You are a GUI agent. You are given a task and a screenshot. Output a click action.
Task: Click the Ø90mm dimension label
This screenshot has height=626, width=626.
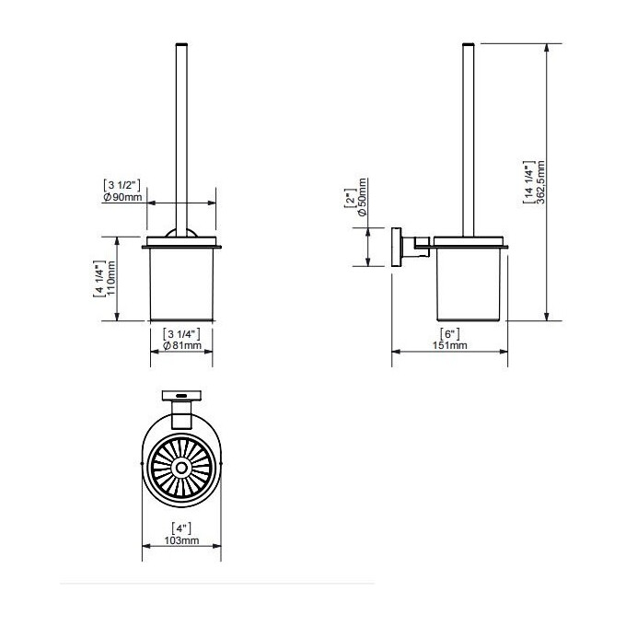122,197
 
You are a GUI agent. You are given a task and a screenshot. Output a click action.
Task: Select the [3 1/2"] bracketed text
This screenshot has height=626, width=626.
122,185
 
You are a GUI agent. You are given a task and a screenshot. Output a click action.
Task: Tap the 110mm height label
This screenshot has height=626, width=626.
111,278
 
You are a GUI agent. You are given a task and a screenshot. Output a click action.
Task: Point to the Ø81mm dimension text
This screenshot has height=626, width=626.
182,345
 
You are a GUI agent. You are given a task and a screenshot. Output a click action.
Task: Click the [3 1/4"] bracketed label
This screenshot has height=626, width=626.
181,334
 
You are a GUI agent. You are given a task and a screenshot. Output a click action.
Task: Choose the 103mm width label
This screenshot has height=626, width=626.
181,540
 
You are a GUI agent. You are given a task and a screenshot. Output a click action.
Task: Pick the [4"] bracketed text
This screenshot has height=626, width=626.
181,528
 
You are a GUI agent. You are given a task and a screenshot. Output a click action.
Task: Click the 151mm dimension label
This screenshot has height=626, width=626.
450,345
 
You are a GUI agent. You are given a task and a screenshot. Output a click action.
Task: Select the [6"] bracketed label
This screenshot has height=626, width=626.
450,334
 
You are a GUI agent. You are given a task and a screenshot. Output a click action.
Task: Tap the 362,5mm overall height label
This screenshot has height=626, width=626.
540,182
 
